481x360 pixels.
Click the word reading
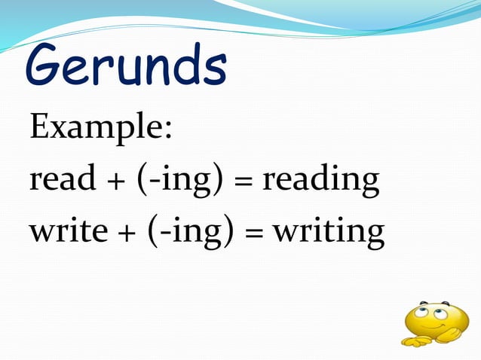(320, 181)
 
